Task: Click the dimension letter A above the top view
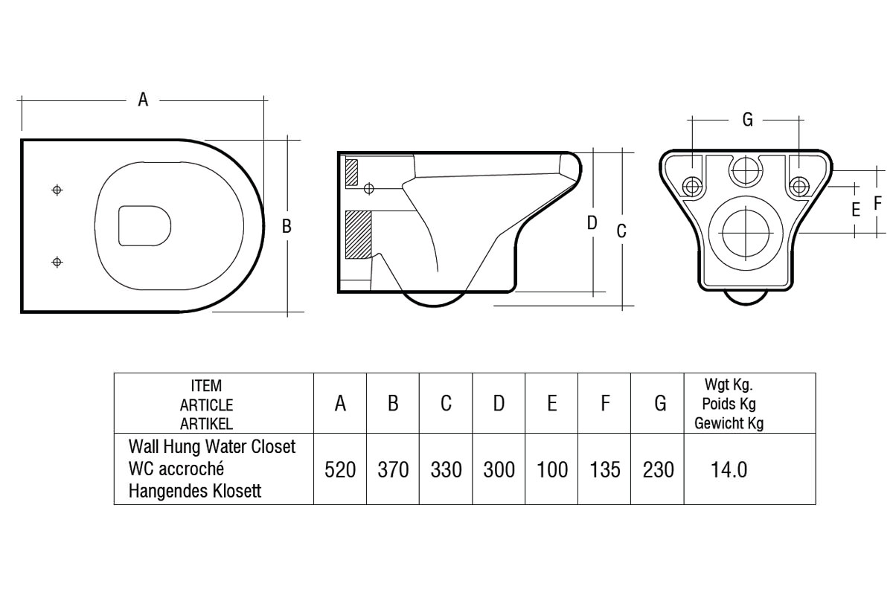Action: click(x=143, y=99)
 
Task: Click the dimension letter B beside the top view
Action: click(x=287, y=226)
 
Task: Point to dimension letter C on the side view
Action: click(x=621, y=231)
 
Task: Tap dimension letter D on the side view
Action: click(x=592, y=222)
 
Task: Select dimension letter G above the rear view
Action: click(x=747, y=119)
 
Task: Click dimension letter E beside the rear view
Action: click(x=856, y=210)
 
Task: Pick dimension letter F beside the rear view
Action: click(x=878, y=202)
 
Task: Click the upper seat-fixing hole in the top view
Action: click(x=57, y=190)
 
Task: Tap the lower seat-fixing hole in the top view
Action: click(x=57, y=261)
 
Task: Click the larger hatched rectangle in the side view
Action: click(x=358, y=234)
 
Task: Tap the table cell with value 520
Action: click(x=340, y=470)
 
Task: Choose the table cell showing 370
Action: click(x=393, y=470)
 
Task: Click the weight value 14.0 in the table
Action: click(x=729, y=470)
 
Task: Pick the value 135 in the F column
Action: click(x=604, y=470)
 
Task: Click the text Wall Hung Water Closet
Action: click(x=212, y=447)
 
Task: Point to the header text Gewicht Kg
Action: click(x=729, y=424)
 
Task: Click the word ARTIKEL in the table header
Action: click(x=206, y=425)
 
